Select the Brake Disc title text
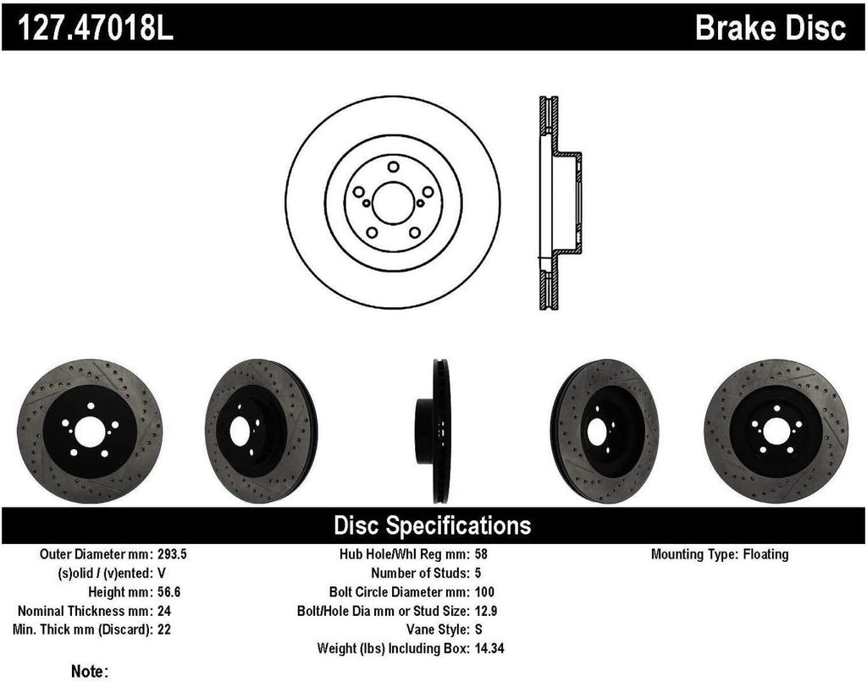pos(770,27)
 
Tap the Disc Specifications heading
pos(433,525)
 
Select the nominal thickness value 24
pos(165,610)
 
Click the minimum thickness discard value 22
pos(165,629)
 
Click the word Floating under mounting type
pos(765,555)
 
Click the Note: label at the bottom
pos(90,671)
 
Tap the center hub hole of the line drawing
pos(393,203)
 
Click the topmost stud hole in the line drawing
pos(393,167)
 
